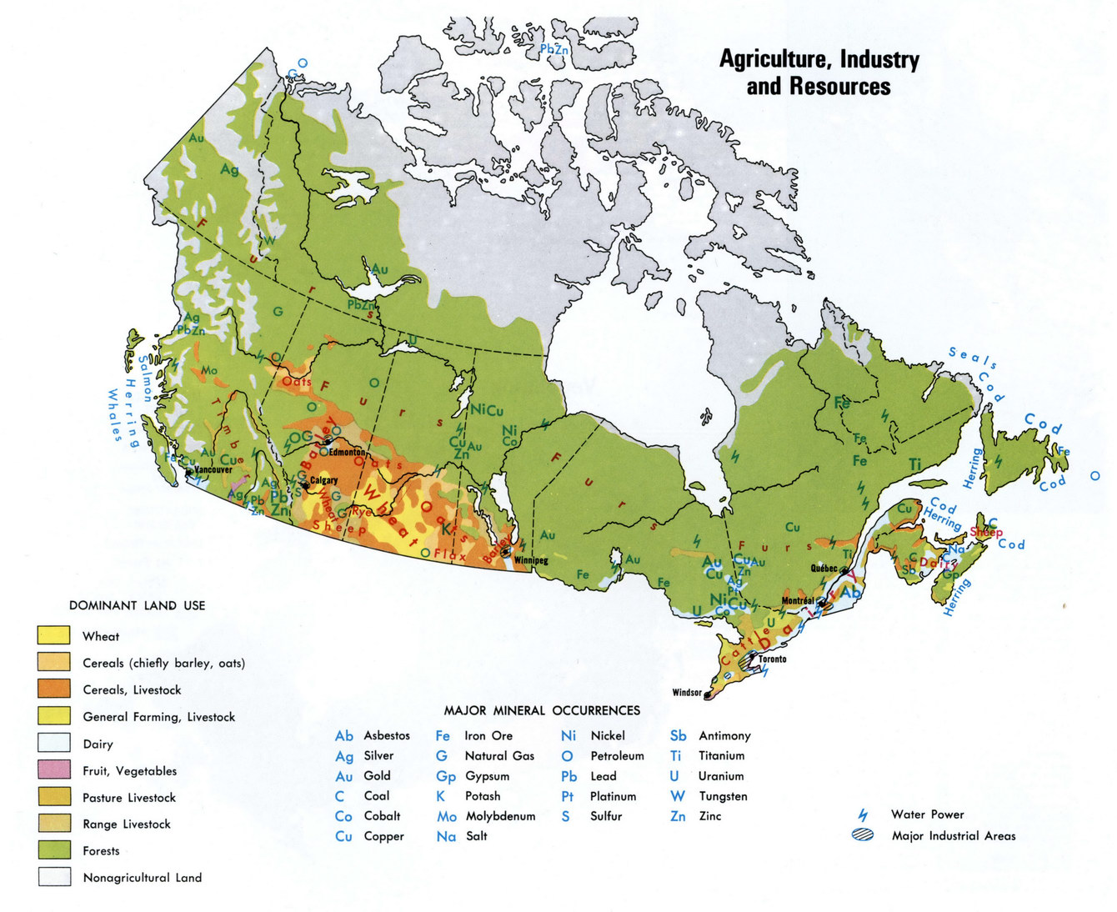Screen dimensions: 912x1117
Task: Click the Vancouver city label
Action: pos(213,469)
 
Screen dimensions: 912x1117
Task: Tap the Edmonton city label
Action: pos(347,452)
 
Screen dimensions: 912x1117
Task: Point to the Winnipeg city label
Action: pos(531,560)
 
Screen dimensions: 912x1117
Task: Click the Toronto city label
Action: pos(772,659)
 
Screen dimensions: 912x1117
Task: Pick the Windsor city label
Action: pos(687,693)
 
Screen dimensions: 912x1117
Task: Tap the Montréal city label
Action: pos(798,600)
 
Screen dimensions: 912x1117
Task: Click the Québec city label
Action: pos(824,569)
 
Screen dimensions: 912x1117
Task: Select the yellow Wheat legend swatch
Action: pos(54,635)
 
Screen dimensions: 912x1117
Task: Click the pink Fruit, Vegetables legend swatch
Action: pos(54,769)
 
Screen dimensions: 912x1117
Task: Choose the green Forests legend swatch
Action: pos(54,849)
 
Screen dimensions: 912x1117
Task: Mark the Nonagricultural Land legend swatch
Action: pos(54,876)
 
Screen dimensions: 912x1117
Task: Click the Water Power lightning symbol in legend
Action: pos(863,814)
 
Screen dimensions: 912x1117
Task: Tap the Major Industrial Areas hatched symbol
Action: pos(862,835)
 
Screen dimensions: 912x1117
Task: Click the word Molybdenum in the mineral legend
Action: pos(500,816)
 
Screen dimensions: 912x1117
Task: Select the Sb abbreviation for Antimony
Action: pos(678,735)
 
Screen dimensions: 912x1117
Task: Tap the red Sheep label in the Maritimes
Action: pos(986,532)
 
